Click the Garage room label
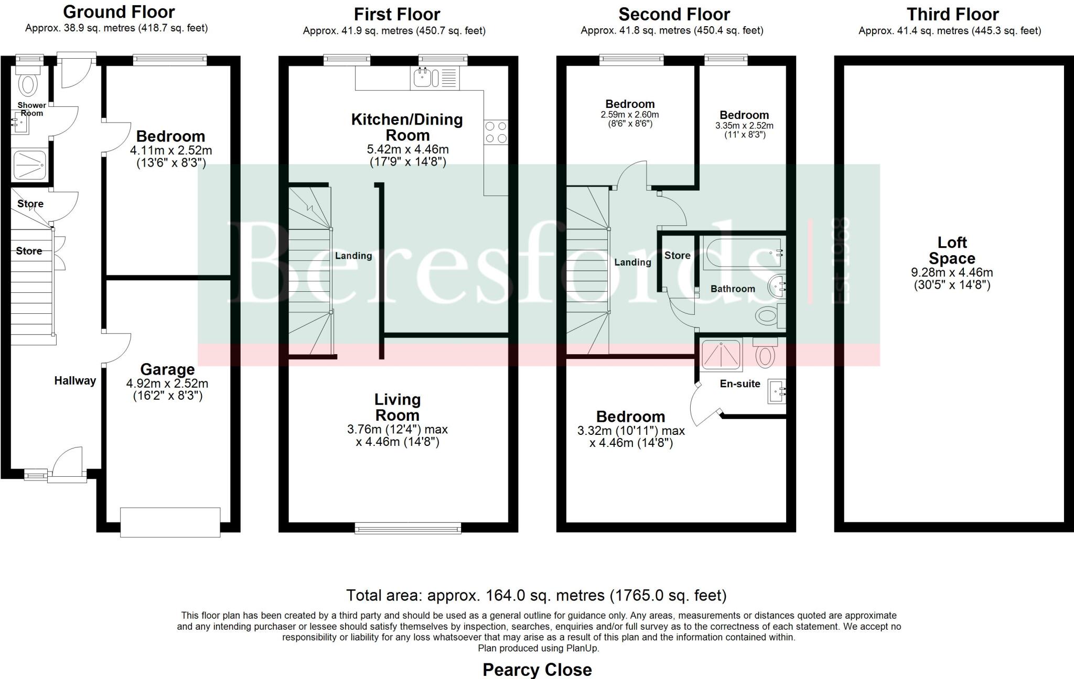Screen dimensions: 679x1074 167,369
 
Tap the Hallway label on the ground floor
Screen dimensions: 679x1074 75,381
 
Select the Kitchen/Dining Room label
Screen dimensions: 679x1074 407,127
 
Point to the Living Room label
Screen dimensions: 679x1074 397,407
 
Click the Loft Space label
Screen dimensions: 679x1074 952,250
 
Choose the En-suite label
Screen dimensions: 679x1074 739,384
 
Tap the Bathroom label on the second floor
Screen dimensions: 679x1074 733,289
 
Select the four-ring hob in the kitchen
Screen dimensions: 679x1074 496,132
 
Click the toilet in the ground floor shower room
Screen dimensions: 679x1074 27,83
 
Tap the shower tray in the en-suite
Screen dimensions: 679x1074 722,354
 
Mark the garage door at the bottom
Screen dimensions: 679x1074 170,522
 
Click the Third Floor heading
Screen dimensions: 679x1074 952,14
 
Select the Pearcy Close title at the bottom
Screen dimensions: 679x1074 537,670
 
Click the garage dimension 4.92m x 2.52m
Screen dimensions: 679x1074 167,384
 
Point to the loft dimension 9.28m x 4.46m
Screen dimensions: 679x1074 952,272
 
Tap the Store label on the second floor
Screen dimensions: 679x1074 677,255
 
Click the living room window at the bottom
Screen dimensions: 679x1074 408,528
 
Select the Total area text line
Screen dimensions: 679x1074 536,596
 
